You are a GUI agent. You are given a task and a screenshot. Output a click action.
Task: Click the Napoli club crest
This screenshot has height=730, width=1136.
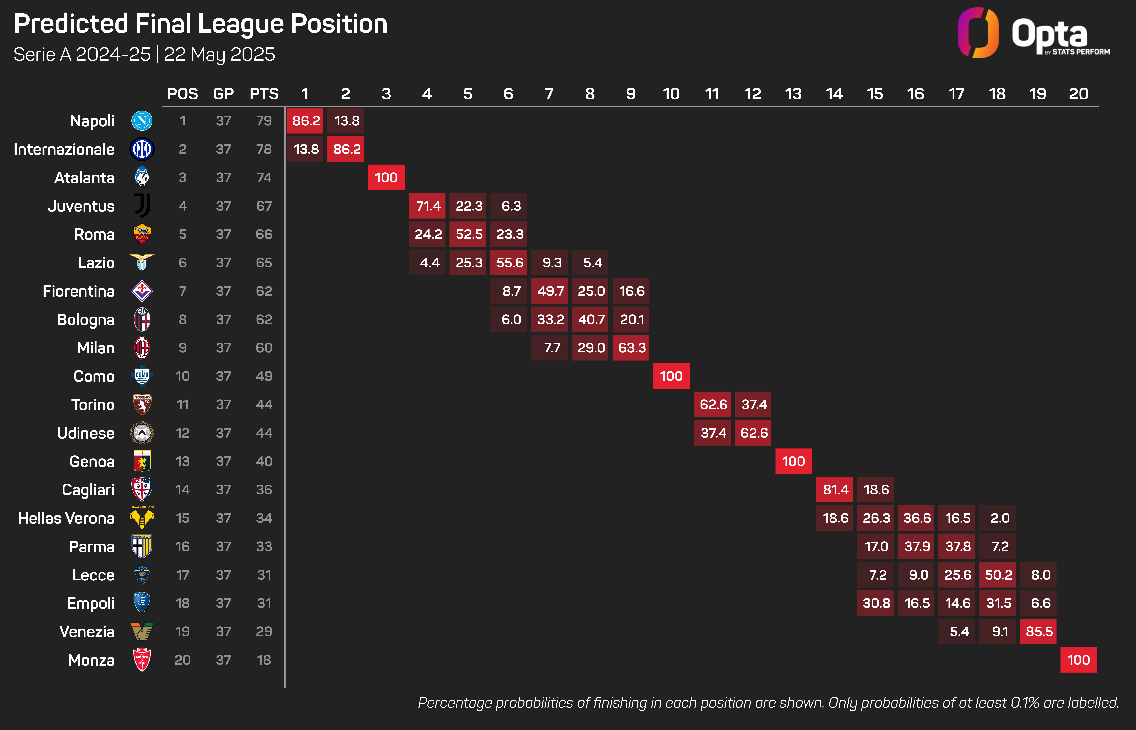(x=142, y=121)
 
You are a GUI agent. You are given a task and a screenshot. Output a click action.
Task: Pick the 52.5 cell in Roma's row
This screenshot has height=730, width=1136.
(x=468, y=234)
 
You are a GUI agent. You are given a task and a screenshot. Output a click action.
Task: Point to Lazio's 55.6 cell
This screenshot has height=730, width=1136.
(x=509, y=263)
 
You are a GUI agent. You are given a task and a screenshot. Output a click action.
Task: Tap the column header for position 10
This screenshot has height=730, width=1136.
(x=671, y=94)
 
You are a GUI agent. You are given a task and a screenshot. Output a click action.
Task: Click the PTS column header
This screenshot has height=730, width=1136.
(x=264, y=94)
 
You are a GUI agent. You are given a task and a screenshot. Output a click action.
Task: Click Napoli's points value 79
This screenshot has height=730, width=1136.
(x=264, y=121)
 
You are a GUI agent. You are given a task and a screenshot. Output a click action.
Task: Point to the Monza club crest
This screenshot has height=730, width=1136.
(x=142, y=660)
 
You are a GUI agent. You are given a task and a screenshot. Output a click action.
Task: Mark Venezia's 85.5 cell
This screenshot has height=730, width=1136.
(x=1038, y=631)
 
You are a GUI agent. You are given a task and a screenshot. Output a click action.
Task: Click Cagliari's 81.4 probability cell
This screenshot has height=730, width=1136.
(x=835, y=490)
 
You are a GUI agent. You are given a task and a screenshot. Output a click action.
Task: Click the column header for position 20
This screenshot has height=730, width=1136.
(x=1078, y=94)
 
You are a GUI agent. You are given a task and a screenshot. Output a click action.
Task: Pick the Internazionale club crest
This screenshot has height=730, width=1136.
(x=142, y=149)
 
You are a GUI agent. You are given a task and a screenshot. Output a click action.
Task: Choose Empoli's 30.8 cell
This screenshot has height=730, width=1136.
(x=875, y=603)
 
